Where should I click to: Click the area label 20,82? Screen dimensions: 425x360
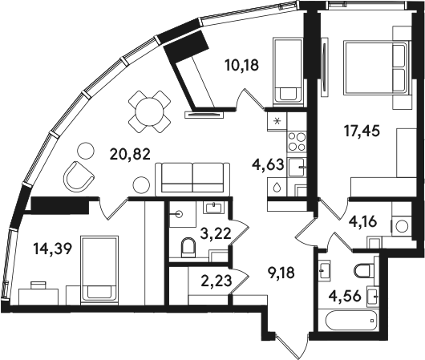coord(130,155)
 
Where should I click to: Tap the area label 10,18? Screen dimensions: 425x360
coord(242,65)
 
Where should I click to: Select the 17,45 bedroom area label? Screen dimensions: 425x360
coord(362,131)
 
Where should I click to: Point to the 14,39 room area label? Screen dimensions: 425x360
coord(53,249)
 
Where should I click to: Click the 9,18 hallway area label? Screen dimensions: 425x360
coord(280,273)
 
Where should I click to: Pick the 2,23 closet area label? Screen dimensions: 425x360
coord(217,281)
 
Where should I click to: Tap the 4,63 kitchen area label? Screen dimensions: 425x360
coord(268,165)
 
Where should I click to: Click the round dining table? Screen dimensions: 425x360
coord(150,111)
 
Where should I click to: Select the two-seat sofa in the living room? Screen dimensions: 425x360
coord(192,179)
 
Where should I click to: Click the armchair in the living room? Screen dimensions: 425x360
coord(79,176)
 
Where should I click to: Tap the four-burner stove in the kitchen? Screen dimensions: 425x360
coord(297,141)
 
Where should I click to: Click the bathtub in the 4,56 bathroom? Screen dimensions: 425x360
coord(351,321)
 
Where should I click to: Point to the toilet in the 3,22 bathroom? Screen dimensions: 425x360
coord(188,248)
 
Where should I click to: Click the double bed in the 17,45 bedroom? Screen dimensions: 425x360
coord(376,68)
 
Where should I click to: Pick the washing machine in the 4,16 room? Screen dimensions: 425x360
coord(401,226)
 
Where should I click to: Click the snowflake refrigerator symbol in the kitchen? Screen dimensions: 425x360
coord(277,121)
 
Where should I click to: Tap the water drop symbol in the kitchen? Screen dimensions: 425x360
coord(277,188)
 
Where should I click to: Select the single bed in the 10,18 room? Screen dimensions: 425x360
coord(288,71)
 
